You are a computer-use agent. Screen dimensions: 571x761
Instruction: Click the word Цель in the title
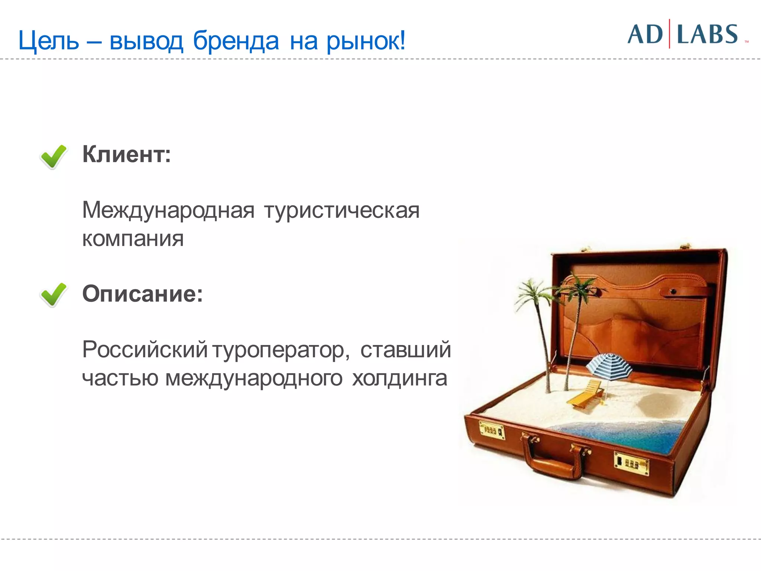point(48,41)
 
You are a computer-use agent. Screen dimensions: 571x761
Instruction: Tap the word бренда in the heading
point(236,41)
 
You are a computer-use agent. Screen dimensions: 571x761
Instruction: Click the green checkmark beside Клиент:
point(53,157)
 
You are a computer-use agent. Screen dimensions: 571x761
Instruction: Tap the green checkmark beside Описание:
point(53,294)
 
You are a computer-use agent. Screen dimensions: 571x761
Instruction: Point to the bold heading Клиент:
point(126,154)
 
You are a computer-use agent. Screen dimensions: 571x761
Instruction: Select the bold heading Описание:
point(142,294)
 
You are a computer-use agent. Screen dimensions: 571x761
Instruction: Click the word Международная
point(168,210)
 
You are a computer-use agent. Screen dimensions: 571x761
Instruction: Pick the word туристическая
point(342,210)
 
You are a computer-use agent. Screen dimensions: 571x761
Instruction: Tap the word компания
point(133,239)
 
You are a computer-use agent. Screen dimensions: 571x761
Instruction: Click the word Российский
point(145,350)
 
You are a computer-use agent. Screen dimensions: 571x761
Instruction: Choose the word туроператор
point(281,350)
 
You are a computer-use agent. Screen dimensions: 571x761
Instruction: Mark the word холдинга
point(399,378)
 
